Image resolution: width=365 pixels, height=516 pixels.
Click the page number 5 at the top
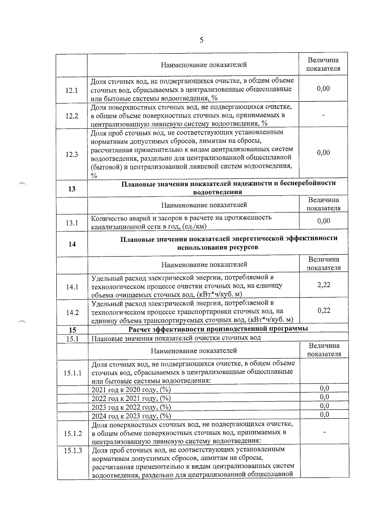[201, 40]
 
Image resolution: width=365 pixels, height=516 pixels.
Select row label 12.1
[71, 91]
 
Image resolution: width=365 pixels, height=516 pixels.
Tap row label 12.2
[71, 116]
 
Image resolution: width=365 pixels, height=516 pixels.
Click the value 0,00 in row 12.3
[323, 153]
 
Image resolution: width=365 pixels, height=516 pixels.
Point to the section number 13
[72, 189]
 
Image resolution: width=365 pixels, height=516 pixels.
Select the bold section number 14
[72, 244]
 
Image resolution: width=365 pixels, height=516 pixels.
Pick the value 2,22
[324, 285]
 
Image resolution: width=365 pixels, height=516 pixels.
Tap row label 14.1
[72, 287]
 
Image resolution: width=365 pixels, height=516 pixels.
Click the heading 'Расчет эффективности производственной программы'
[218, 329]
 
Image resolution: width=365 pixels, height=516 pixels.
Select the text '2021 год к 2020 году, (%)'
[131, 390]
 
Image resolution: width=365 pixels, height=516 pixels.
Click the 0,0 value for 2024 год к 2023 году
[325, 414]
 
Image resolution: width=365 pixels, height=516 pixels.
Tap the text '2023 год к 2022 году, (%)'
[131, 407]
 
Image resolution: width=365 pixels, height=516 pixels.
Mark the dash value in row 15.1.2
[325, 432]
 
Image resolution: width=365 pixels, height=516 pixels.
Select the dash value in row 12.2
[323, 115]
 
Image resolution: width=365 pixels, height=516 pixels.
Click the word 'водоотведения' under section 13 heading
[218, 192]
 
